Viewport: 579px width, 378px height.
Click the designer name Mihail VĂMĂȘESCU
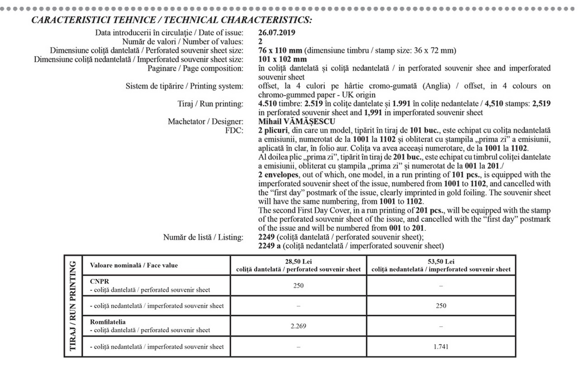297,121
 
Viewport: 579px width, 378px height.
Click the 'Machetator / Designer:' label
206,121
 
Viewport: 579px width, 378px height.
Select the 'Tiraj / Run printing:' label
211,104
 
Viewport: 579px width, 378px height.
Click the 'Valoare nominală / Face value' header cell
134,266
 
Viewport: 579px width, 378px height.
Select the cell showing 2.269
299,326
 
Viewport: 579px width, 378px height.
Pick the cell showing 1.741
441,347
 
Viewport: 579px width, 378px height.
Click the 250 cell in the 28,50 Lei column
299,286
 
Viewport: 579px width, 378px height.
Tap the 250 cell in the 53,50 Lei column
441,306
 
